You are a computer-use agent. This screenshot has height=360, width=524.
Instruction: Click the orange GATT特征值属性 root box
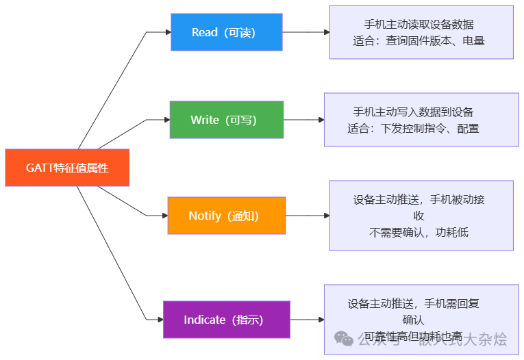pyautogui.click(x=67, y=168)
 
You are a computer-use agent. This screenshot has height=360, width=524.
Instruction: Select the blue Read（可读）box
pyautogui.click(x=226, y=32)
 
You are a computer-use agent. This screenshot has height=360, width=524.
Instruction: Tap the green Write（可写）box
pyautogui.click(x=226, y=120)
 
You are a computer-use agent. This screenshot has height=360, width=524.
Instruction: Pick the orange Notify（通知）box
pyautogui.click(x=226, y=216)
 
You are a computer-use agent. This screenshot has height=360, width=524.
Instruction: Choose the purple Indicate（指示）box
pyautogui.click(x=226, y=320)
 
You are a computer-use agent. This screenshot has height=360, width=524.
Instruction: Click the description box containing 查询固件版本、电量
pyautogui.click(x=421, y=32)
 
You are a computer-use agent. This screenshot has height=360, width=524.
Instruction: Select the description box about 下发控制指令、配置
pyautogui.click(x=421, y=120)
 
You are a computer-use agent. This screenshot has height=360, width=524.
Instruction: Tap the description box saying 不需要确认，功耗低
pyautogui.click(x=421, y=216)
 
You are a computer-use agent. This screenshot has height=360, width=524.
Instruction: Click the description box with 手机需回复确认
pyautogui.click(x=421, y=320)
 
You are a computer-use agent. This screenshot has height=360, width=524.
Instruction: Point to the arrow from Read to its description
pyautogui.click(x=305, y=32)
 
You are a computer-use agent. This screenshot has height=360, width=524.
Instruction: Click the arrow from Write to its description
pyautogui.click(x=303, y=120)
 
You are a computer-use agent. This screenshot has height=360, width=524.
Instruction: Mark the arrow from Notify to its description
pyautogui.click(x=307, y=216)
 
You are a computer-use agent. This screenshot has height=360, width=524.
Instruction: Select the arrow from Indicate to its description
pyautogui.click(x=306, y=320)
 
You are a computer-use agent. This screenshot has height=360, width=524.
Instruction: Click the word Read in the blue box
pyautogui.click(x=204, y=32)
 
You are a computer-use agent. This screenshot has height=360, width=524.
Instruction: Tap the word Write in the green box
pyautogui.click(x=204, y=120)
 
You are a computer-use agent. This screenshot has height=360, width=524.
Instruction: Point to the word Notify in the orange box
pyautogui.click(x=204, y=216)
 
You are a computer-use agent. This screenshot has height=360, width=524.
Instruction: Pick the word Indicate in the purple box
pyautogui.click(x=204, y=320)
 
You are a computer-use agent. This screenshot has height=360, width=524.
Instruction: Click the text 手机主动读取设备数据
pyautogui.click(x=419, y=25)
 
